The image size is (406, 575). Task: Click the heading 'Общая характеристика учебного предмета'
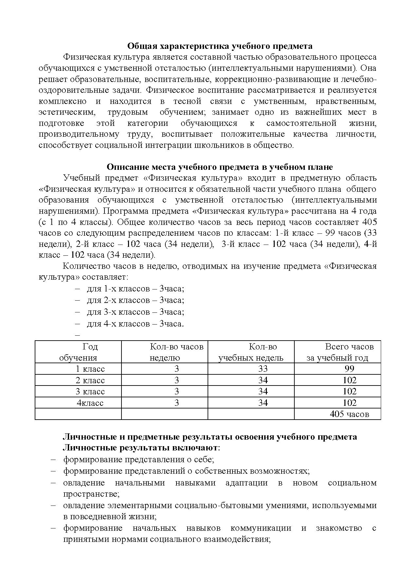[219, 46]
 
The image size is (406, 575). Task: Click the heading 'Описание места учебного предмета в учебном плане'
[219, 167]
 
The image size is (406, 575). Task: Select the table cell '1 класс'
[90, 369]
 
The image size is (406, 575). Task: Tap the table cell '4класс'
[90, 403]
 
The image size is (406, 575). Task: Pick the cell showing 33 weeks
[263, 369]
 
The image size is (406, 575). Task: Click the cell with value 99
[349, 369]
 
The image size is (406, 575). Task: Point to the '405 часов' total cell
[349, 414]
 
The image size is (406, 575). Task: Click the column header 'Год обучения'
[78, 352]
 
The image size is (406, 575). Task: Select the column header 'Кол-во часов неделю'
[176, 352]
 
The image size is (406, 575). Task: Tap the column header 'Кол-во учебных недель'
[251, 352]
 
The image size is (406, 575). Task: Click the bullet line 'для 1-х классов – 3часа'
[135, 289]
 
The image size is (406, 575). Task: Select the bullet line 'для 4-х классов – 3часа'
[135, 324]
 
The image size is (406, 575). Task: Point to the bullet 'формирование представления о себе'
[138, 459]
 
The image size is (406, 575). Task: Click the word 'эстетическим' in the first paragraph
[67, 112]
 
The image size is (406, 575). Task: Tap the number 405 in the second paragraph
[370, 222]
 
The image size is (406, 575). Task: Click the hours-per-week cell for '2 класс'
[176, 380]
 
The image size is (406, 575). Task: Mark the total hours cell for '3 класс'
[349, 391]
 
